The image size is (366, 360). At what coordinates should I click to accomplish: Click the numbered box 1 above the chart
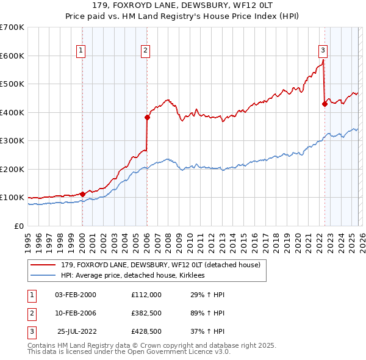click(x=81, y=51)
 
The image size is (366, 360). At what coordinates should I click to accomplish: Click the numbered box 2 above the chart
click(x=146, y=51)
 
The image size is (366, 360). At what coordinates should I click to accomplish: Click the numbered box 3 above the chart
click(x=323, y=51)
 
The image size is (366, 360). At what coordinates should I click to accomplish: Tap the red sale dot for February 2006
click(x=147, y=117)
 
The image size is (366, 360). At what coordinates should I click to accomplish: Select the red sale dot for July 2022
click(x=325, y=104)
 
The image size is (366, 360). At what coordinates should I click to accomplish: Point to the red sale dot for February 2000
click(x=82, y=194)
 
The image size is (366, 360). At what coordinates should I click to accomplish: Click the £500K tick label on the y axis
click(x=12, y=84)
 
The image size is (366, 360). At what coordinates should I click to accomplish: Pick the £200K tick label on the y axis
click(x=12, y=169)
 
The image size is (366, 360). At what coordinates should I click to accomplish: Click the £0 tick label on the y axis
click(x=19, y=226)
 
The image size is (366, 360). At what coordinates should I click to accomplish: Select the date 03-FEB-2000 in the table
click(x=76, y=295)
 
